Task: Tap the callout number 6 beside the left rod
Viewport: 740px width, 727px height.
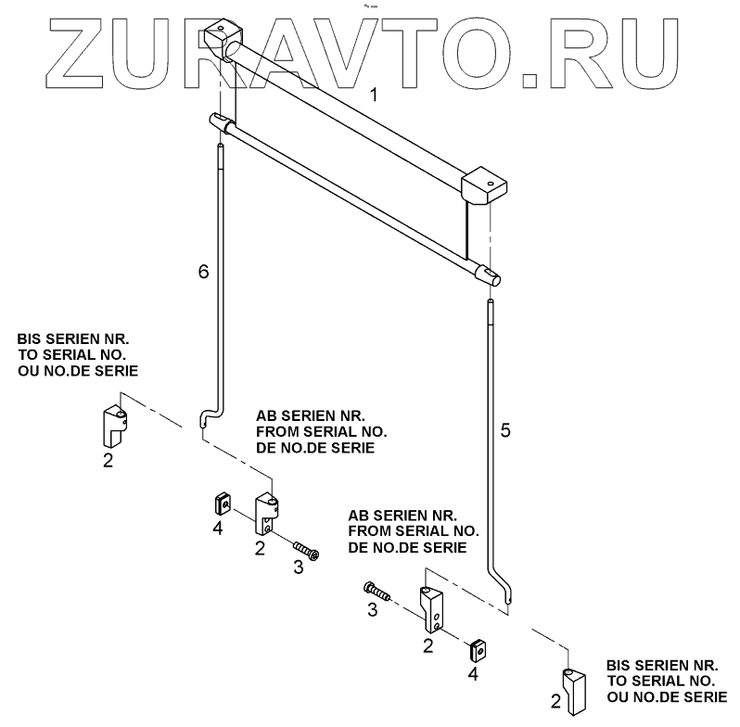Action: click(x=204, y=271)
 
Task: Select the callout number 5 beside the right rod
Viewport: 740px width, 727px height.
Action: click(x=504, y=430)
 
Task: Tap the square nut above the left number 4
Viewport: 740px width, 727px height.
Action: click(x=220, y=504)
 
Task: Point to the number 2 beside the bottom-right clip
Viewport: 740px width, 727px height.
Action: click(x=555, y=701)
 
